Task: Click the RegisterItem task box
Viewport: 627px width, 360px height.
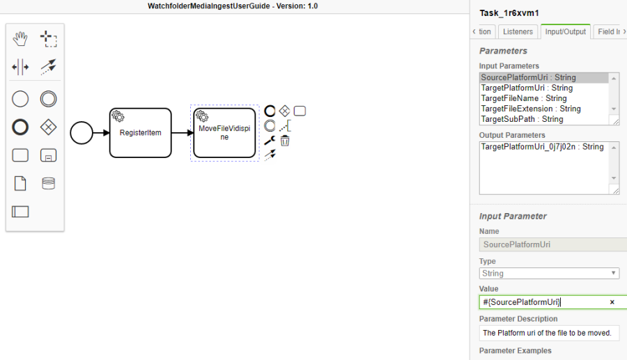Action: click(140, 132)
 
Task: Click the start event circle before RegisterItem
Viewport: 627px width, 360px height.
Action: click(82, 132)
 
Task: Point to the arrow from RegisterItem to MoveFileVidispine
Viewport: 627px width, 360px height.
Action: click(182, 132)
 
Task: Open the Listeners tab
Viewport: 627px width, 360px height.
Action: click(518, 32)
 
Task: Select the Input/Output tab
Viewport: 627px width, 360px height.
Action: click(565, 32)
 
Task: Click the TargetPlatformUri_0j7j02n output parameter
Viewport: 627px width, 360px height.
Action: click(542, 147)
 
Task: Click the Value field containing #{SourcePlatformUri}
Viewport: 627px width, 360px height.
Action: click(543, 302)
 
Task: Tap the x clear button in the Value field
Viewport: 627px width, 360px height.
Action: click(612, 302)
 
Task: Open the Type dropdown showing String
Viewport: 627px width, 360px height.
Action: click(550, 274)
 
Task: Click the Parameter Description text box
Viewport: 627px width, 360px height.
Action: click(550, 333)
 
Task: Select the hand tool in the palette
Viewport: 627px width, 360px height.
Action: click(20, 39)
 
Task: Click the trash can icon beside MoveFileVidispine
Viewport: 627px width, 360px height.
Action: click(285, 141)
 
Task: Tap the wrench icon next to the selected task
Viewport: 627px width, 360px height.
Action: click(269, 141)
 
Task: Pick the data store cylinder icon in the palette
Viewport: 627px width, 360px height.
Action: click(48, 183)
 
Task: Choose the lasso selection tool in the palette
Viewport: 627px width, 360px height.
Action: click(48, 39)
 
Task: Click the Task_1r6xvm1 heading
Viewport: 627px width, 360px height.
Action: click(509, 13)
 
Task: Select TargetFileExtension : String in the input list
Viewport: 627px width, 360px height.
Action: click(531, 109)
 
